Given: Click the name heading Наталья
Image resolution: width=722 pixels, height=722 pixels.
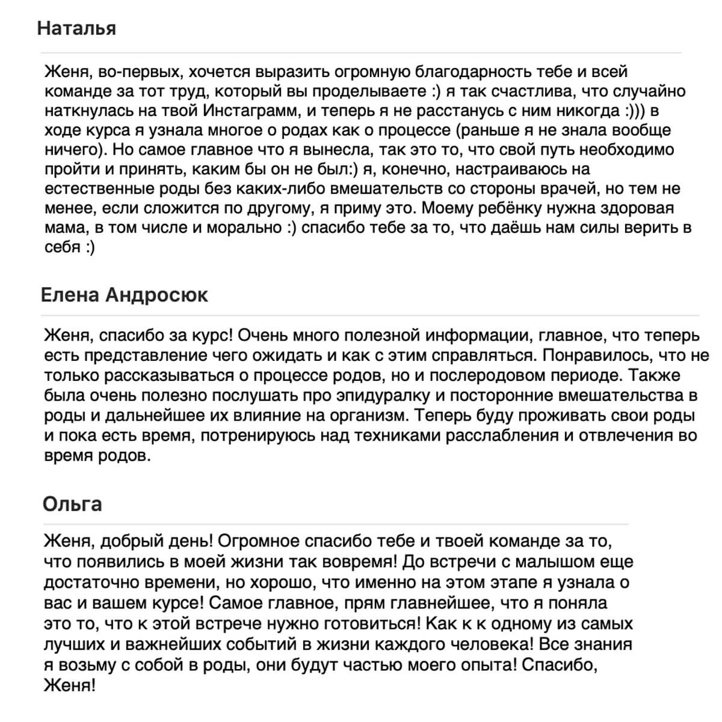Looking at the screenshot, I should [x=76, y=28].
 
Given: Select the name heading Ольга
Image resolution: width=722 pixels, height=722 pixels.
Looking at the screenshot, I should [x=72, y=504].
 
